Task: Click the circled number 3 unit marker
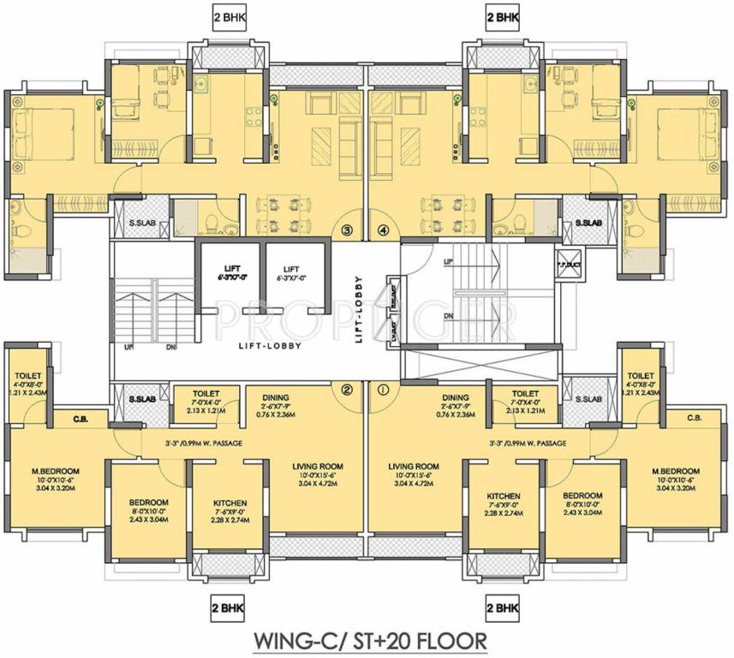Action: pos(347,230)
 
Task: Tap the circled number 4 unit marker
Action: pos(383,230)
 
